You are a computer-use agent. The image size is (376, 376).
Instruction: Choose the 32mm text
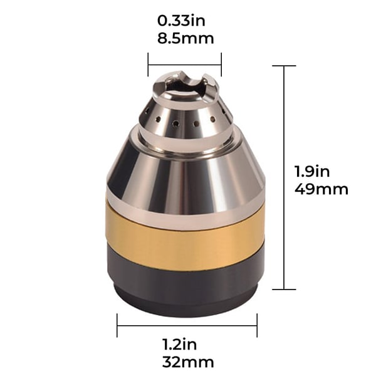pyautogui.click(x=187, y=362)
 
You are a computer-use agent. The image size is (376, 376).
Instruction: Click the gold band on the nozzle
pyautogui.click(x=185, y=241)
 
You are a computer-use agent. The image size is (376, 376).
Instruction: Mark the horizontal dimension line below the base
pyautogui.click(x=187, y=325)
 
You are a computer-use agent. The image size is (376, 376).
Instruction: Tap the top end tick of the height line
pyautogui.click(x=285, y=66)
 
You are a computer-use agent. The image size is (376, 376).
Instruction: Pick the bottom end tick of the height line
pyautogui.click(x=285, y=289)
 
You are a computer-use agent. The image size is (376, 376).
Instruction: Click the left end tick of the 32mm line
pyautogui.click(x=117, y=325)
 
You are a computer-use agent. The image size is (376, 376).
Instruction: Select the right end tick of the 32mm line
pyautogui.click(x=257, y=325)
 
